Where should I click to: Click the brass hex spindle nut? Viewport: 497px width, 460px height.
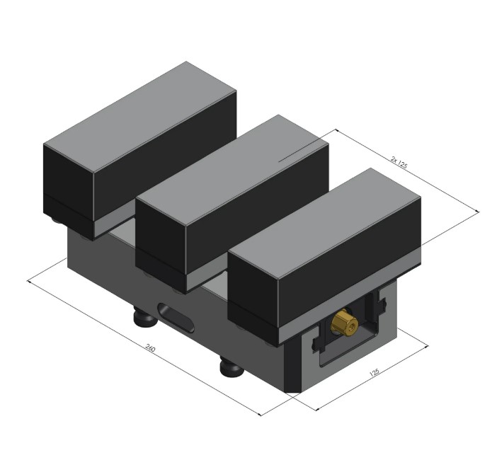pos(344,323)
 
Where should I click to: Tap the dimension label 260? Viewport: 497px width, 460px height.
pos(150,348)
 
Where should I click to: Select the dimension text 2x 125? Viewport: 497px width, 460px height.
pos(399,163)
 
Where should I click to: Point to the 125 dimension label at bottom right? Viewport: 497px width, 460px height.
pos(375,372)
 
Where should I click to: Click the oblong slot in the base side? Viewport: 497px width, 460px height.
pos(176,318)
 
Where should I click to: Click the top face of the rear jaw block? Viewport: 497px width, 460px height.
pos(139,117)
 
